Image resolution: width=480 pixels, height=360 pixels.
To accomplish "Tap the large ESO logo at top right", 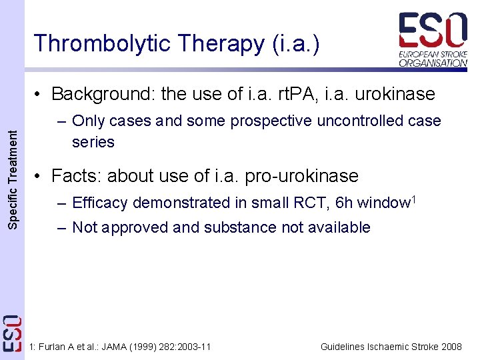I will [433, 30].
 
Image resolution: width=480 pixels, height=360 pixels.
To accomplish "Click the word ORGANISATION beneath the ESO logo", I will [433, 63].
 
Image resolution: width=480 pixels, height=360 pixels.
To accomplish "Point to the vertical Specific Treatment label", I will [13, 180].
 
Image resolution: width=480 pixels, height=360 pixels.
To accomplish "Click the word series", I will [93, 142].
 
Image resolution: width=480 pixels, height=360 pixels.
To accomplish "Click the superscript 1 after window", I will [413, 199].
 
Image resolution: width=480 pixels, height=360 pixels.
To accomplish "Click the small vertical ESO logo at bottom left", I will [12, 333].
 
